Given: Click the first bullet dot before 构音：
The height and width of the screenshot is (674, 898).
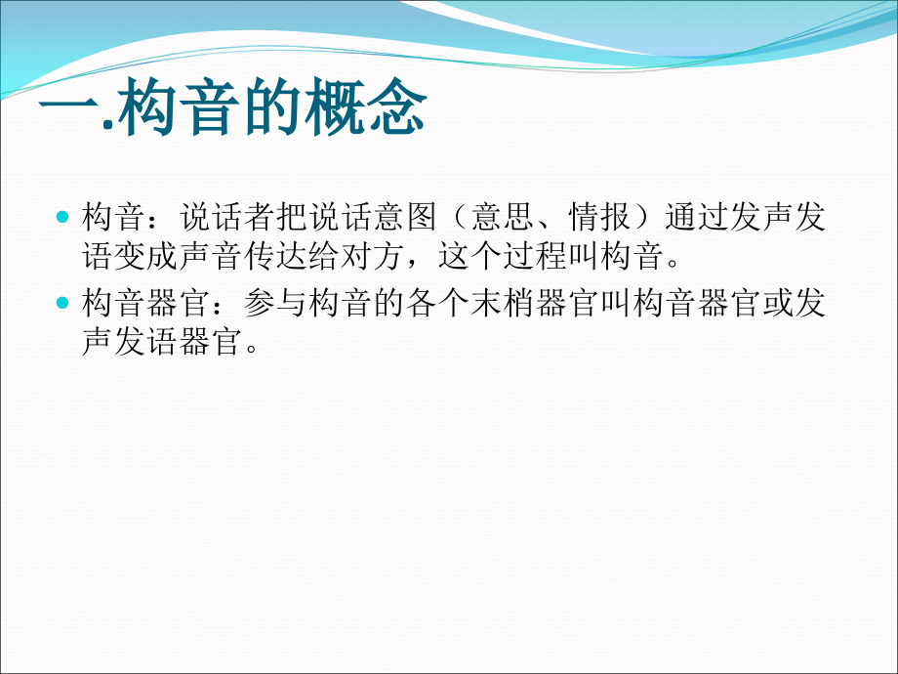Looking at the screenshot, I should coord(63,215).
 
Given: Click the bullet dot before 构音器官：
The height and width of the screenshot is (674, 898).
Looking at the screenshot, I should coord(63,304).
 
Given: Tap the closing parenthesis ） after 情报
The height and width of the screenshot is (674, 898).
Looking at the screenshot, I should coord(665,217).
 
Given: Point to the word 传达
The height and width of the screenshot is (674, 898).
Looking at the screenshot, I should coord(284,258).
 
